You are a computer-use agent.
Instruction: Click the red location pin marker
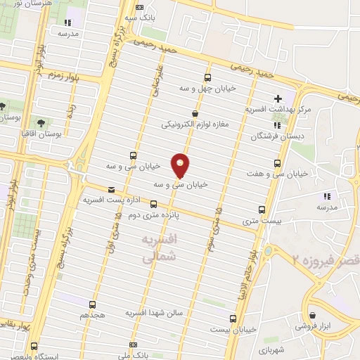click(x=181, y=165)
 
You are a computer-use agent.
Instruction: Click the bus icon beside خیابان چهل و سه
click(x=207, y=77)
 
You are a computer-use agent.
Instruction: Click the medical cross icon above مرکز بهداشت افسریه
click(x=278, y=98)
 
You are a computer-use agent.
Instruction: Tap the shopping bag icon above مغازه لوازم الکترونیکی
click(x=195, y=112)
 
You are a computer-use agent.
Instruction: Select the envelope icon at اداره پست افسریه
click(x=110, y=189)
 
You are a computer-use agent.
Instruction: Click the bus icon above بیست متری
click(x=262, y=210)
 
